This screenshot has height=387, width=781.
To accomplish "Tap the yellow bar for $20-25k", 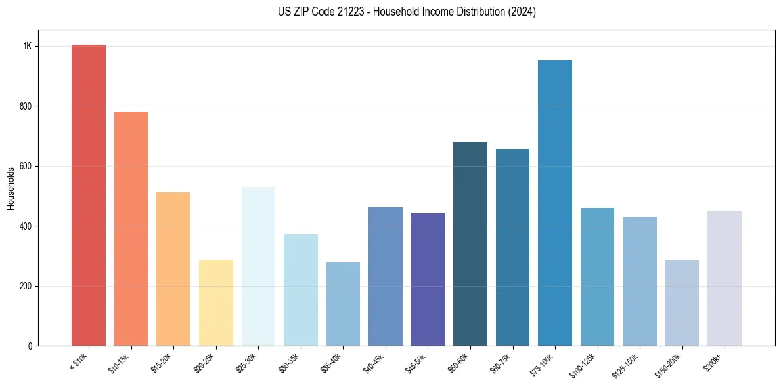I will (215, 302).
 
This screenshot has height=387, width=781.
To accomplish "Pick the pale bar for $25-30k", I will (258, 266).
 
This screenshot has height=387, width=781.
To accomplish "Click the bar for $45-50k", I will (428, 279).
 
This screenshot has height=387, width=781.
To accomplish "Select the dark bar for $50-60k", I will (470, 243).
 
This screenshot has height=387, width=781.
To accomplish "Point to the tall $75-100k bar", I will (555, 203).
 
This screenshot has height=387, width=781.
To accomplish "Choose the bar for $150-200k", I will (682, 302).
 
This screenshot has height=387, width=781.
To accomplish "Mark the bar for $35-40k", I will (343, 304).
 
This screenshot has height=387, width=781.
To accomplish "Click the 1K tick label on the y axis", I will (28, 47).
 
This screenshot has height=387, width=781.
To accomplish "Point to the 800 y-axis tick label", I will (26, 106).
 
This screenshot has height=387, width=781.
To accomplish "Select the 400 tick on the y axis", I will (26, 226).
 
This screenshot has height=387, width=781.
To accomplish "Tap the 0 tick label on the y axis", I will (30, 346).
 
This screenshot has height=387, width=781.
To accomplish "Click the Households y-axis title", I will (11, 188).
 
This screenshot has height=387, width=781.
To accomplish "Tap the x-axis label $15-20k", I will (163, 363).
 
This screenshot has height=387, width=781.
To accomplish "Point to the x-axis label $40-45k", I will (375, 363).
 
